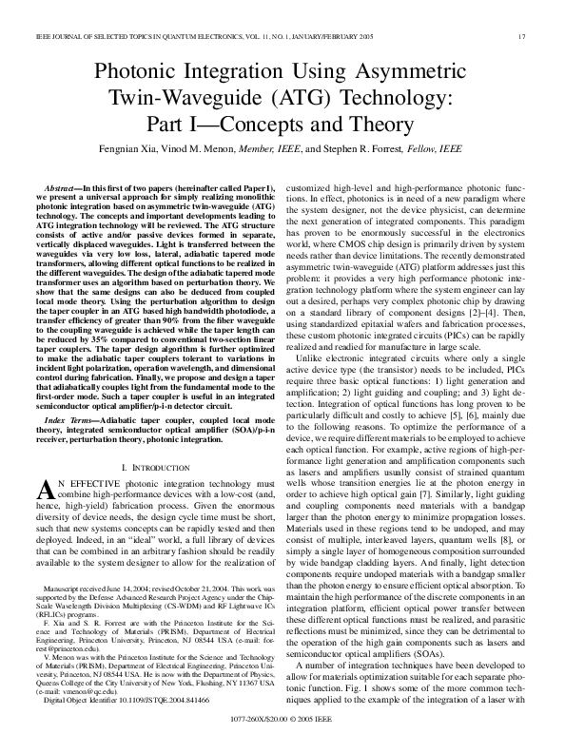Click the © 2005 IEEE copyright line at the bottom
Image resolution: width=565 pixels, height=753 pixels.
click(x=282, y=734)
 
